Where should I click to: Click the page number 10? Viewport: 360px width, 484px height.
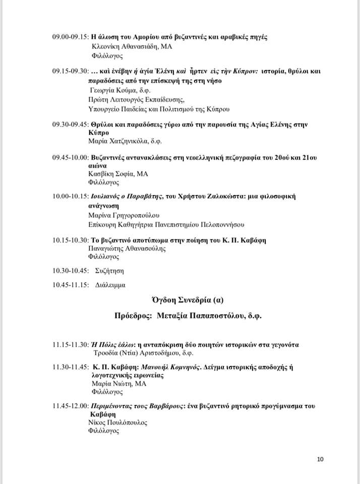[321, 459]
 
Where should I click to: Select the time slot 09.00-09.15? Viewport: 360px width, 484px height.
[70, 37]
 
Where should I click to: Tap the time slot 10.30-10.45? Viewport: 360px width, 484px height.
[70, 271]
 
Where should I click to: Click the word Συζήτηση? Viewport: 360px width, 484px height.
[110, 271]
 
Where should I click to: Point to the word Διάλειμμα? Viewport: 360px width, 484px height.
[110, 285]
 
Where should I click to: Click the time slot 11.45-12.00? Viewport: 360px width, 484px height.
[70, 405]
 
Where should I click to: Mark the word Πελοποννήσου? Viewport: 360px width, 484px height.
[222, 224]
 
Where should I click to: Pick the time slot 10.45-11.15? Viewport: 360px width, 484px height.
[70, 285]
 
